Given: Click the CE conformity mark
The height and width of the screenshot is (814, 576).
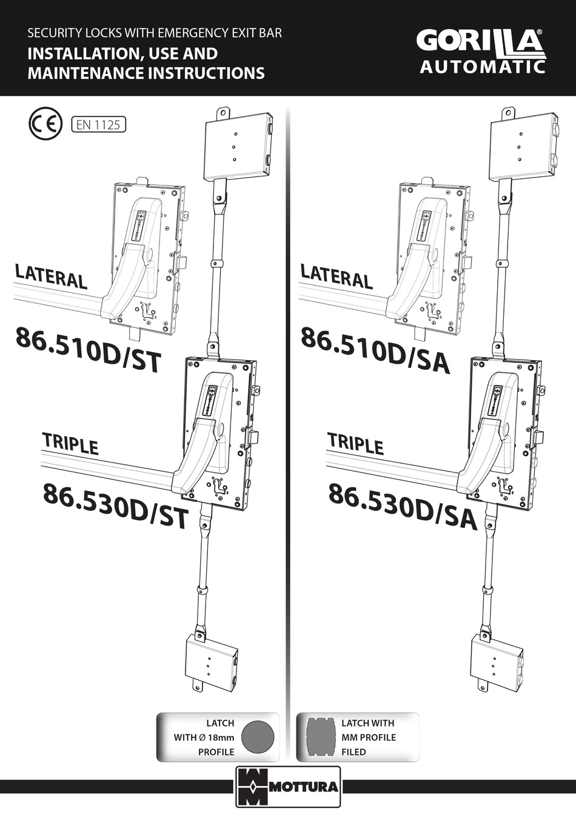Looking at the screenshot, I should click(45, 124).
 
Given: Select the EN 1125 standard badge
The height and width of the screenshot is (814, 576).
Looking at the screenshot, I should click(98, 125).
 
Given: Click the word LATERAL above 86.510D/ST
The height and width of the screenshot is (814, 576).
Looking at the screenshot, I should click(51, 276).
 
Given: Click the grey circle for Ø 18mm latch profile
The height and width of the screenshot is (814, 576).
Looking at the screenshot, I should click(258, 737).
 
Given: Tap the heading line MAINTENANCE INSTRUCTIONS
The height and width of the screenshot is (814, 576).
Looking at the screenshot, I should click(146, 73).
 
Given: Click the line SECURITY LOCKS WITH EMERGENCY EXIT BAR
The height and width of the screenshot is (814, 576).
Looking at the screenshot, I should click(155, 33).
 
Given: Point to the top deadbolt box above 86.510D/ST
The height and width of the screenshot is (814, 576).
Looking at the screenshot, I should click(237, 145).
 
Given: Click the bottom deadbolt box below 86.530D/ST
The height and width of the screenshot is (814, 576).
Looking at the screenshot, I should click(210, 663).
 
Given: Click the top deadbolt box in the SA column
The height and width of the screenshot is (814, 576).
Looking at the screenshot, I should click(523, 145).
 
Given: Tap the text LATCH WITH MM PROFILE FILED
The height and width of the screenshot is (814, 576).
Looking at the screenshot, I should click(368, 737).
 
